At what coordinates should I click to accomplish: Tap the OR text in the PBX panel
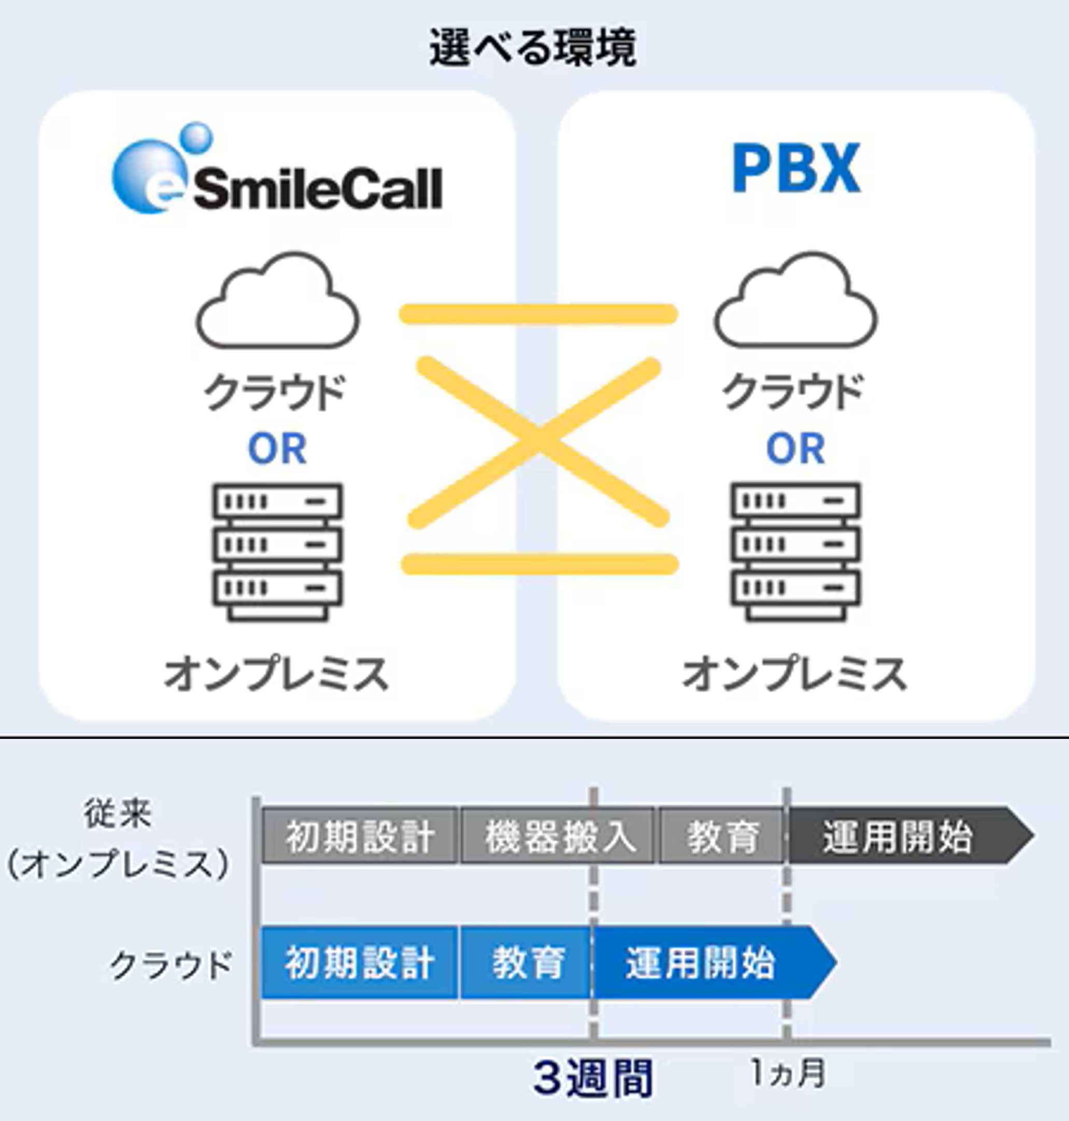point(795,449)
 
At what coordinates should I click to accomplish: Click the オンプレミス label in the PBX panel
point(795,674)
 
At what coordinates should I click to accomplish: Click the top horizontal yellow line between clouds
point(538,314)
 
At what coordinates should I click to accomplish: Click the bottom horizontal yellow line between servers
point(539,565)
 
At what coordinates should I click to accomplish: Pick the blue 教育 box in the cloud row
point(526,963)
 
